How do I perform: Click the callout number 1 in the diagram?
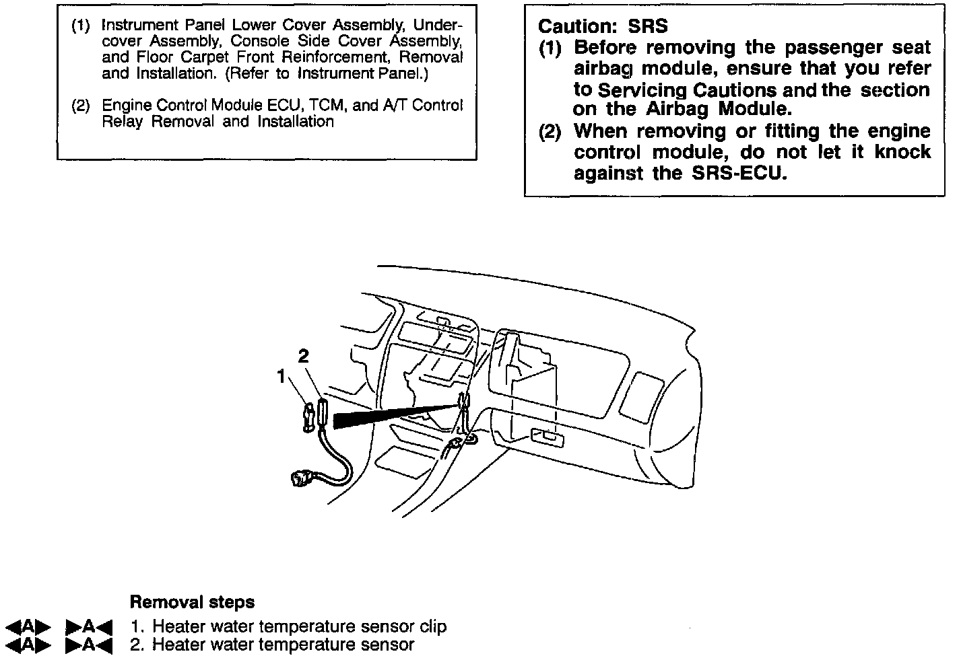(282, 377)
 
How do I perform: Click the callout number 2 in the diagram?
(304, 357)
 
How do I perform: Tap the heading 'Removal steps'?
(192, 601)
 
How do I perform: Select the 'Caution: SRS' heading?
(603, 26)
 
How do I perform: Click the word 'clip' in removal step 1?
(432, 626)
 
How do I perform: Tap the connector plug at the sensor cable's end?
(300, 479)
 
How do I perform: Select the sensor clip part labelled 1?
(309, 416)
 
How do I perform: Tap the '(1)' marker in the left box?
(81, 26)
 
